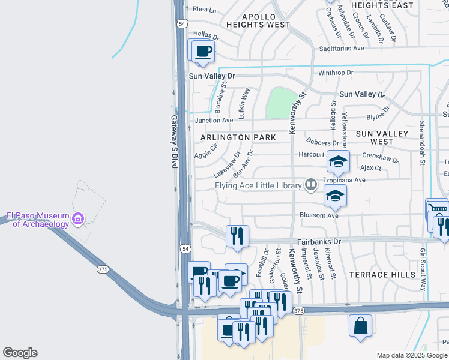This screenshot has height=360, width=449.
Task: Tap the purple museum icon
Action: click(77, 220)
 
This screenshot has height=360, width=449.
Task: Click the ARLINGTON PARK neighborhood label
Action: click(238, 137)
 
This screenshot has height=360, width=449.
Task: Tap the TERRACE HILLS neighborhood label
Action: click(383, 275)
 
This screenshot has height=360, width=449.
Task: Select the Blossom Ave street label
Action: click(319, 215)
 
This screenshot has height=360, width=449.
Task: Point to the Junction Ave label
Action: click(214, 121)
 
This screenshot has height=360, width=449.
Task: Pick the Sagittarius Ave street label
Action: click(342, 48)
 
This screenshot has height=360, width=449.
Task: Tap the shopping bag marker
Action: click(360, 326)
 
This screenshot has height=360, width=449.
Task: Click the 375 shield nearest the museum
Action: click(103, 269)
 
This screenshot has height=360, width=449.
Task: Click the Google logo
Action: click(20, 353)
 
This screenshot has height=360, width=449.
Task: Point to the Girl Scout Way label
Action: click(423, 261)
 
